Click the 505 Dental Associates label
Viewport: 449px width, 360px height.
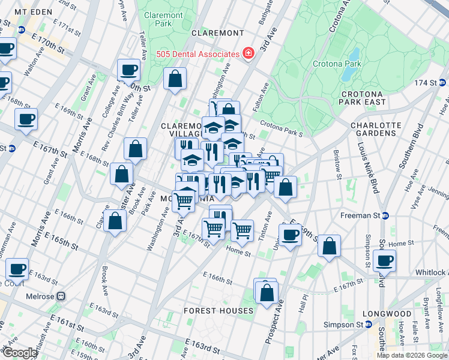click(197, 54)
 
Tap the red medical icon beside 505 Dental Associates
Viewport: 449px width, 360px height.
click(247, 54)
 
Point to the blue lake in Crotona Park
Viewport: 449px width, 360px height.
click(349, 65)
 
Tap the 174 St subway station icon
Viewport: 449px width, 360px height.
click(442, 82)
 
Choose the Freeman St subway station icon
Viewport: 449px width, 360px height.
click(385, 215)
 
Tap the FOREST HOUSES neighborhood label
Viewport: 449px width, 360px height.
click(218, 311)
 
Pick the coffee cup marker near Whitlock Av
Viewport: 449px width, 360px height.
click(384, 261)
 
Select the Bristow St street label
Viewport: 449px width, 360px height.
click(339, 168)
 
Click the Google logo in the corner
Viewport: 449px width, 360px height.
click(19, 353)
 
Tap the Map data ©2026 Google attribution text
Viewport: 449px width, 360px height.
click(412, 355)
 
